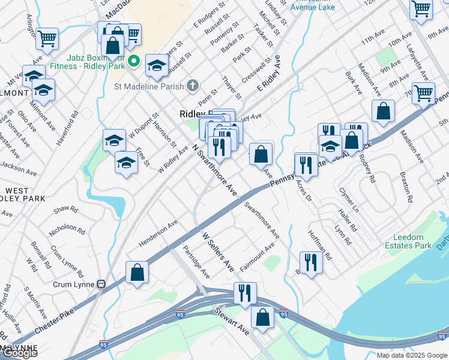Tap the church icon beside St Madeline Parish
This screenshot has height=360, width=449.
pos(193,85)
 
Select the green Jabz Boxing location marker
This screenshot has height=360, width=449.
pos(134,61)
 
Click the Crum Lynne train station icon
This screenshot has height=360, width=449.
pos(101,283)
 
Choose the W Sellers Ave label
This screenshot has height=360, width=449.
pos(217,251)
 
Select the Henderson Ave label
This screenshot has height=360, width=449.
pos(158,233)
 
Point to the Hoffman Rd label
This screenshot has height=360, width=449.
pos(319,245)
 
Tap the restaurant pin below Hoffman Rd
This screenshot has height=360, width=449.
pos(310,262)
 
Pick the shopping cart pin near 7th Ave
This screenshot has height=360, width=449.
pos(423,93)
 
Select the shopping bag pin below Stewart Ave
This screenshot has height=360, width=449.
pos(262,316)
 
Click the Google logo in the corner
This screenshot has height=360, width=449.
pos(20,353)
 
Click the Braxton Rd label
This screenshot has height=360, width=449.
pos(407,187)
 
